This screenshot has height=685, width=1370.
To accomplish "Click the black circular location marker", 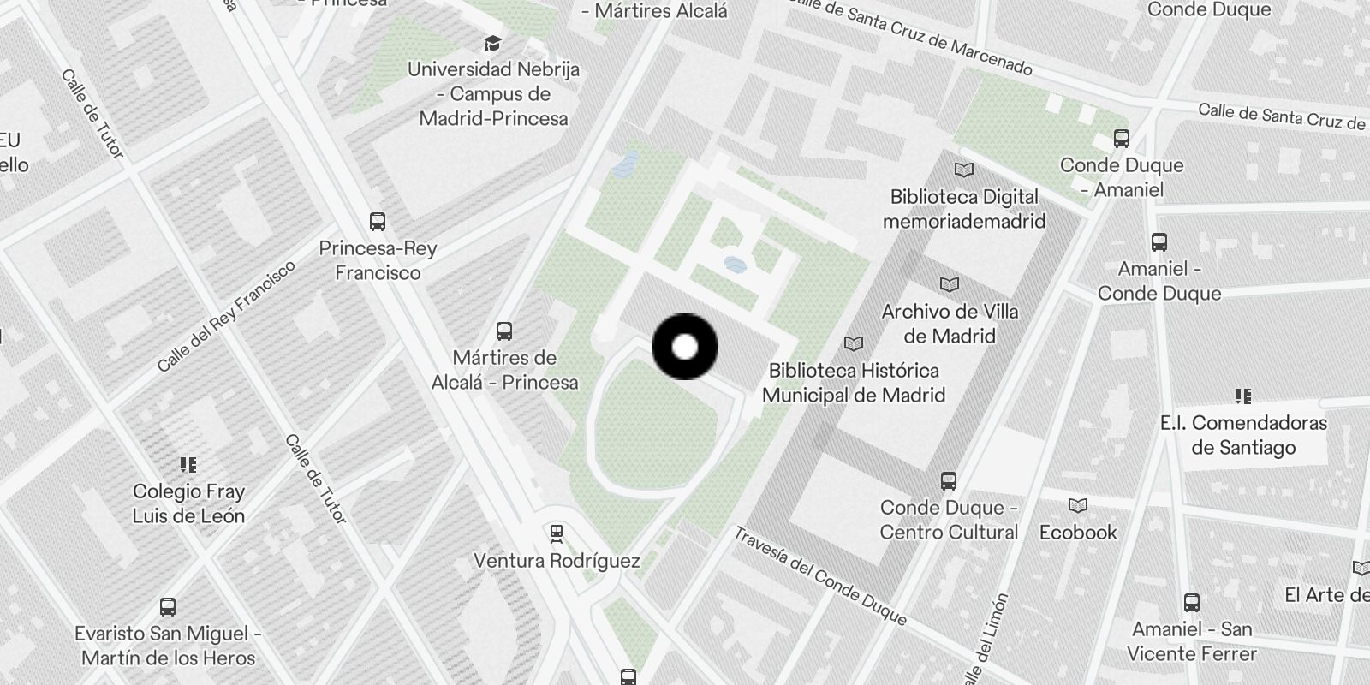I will [x=685, y=347].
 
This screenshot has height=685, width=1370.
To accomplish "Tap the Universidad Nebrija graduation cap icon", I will [x=492, y=43].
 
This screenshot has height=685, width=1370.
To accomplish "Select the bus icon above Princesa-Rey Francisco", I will [x=378, y=222].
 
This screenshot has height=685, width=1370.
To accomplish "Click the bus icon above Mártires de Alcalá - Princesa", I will [x=504, y=331].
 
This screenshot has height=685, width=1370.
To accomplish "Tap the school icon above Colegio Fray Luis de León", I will [x=188, y=465].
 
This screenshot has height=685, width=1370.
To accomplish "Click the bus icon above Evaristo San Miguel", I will [x=168, y=607].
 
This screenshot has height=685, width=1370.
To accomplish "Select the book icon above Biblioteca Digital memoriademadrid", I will [x=964, y=170].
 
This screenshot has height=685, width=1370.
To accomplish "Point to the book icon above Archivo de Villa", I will [x=950, y=284].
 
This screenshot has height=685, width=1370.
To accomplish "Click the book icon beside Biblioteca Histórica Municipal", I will [x=854, y=344].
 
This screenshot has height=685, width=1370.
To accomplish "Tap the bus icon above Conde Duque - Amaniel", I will [x=1121, y=138].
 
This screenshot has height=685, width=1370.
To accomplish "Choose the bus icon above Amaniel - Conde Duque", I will [x=1159, y=242].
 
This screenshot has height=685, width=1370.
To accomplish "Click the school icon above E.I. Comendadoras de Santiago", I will [x=1242, y=396].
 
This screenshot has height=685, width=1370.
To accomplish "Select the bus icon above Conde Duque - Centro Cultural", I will [x=948, y=481].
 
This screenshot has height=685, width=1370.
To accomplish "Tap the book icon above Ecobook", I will [x=1078, y=506].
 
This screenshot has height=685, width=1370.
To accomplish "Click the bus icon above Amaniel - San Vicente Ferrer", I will [x=1191, y=603].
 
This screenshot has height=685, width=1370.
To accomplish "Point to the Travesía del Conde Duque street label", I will [x=819, y=575].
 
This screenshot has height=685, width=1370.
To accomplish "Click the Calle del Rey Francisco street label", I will [x=226, y=316].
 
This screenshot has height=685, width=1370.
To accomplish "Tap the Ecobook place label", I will [x=1078, y=533].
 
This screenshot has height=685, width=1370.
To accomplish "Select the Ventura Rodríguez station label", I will [x=557, y=562].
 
